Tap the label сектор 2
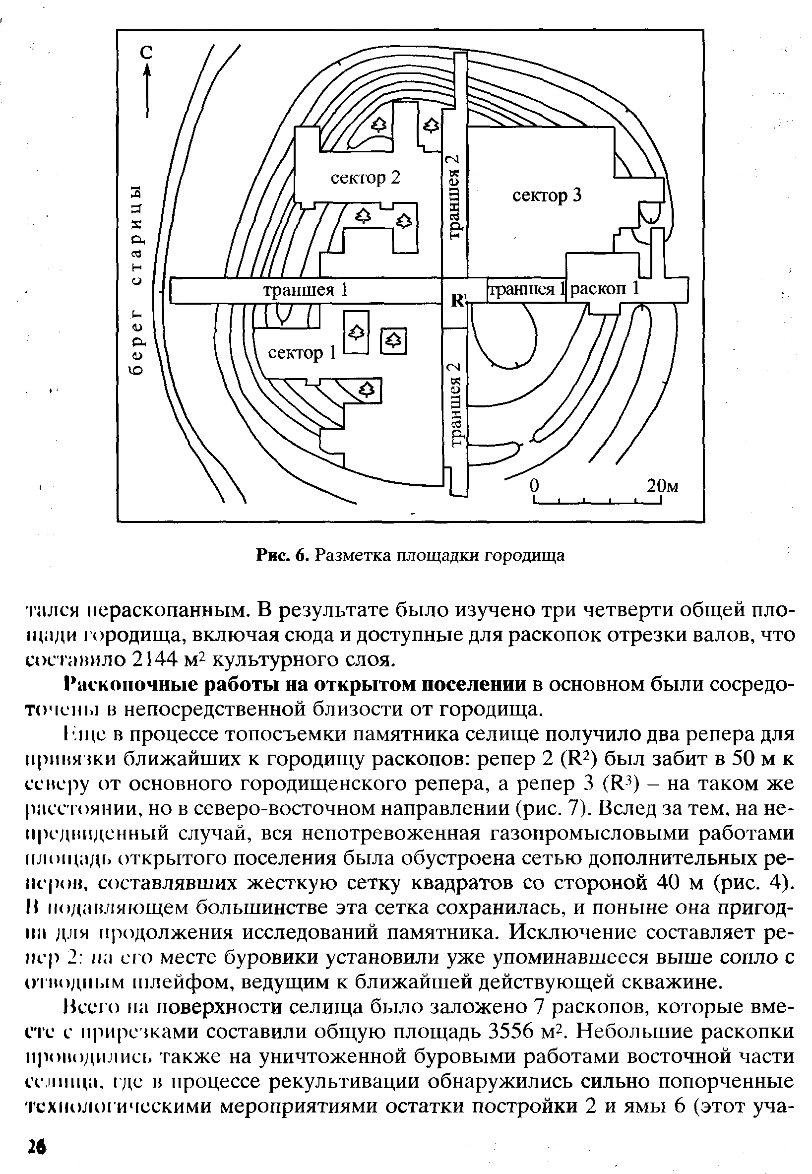tap(365, 178)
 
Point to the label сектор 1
tap(302, 352)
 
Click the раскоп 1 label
tap(604, 289)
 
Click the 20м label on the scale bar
tap(662, 486)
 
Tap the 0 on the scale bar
tap(534, 486)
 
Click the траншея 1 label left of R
tap(305, 290)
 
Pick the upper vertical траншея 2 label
tap(455, 196)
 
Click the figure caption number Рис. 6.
tap(283, 556)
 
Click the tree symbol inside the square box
tap(394, 340)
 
